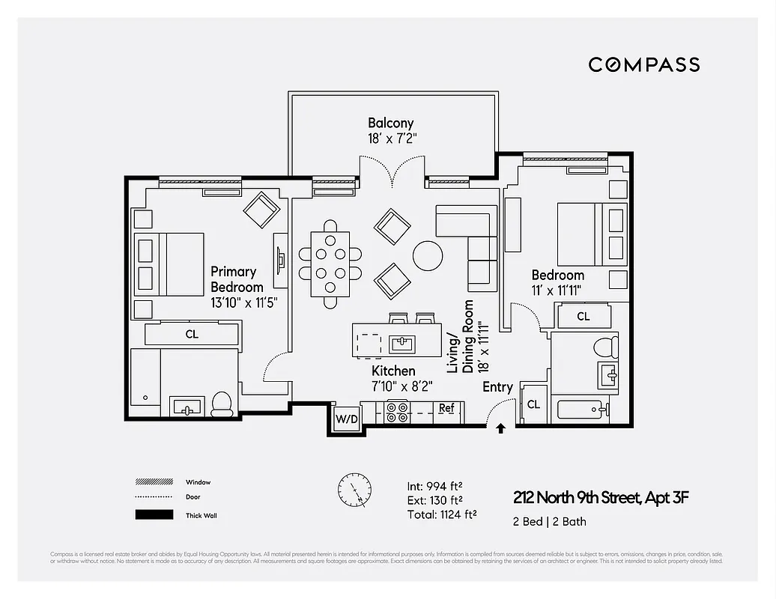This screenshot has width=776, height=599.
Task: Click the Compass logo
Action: (643, 64)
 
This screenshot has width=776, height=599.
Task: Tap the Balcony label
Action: (390, 123)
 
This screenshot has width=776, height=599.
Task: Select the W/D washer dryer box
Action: (346, 418)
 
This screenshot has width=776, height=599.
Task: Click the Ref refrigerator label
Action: (446, 408)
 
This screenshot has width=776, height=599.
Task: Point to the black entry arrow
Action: (500, 428)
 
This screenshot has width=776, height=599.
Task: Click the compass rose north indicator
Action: (354, 490)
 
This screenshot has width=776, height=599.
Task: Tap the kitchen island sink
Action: (402, 344)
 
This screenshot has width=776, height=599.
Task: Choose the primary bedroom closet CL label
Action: (192, 335)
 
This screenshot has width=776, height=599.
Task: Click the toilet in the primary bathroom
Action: (222, 404)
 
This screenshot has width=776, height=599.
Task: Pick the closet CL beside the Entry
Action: (533, 404)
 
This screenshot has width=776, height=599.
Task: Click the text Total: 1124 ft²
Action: (441, 514)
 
